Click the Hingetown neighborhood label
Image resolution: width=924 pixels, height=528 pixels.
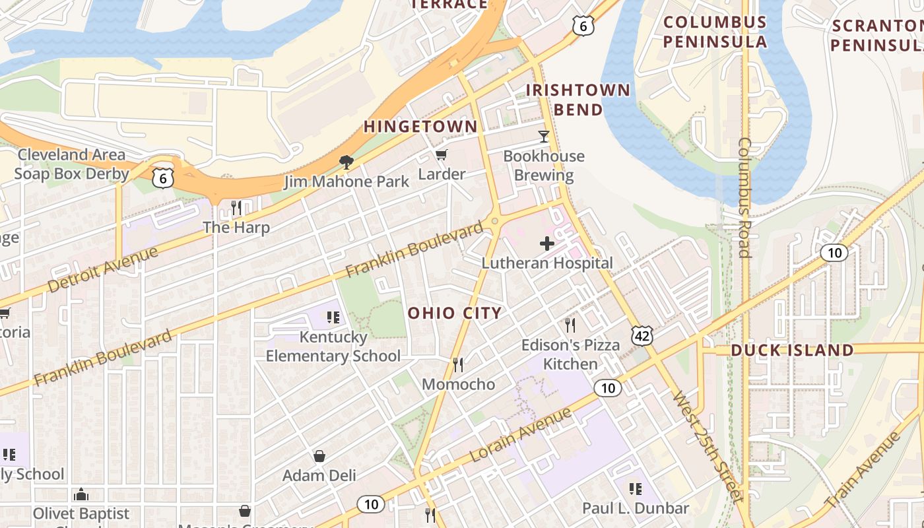(x=420, y=126)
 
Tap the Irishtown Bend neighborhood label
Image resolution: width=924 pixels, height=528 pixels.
(x=577, y=100)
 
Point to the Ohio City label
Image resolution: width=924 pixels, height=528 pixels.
(x=455, y=313)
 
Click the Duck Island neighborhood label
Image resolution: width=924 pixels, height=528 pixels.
(x=792, y=350)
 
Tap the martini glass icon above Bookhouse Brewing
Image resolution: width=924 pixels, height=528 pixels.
(x=543, y=137)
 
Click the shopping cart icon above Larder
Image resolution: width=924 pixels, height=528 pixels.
(x=441, y=155)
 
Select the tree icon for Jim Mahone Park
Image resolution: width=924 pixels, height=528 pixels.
(x=346, y=162)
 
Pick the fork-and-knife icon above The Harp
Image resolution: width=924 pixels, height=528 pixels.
(x=236, y=208)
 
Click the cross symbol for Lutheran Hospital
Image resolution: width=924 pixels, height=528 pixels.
(x=546, y=244)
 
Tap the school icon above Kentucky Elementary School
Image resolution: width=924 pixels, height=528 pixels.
(x=333, y=317)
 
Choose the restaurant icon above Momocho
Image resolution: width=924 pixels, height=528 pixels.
(x=457, y=365)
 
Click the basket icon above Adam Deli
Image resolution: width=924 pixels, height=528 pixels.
(x=319, y=456)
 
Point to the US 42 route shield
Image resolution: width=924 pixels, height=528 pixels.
(x=642, y=335)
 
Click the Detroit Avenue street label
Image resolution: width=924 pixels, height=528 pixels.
(x=103, y=270)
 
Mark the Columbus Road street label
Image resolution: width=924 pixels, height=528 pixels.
(x=744, y=197)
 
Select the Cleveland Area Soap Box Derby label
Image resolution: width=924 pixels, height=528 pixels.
(x=71, y=164)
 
